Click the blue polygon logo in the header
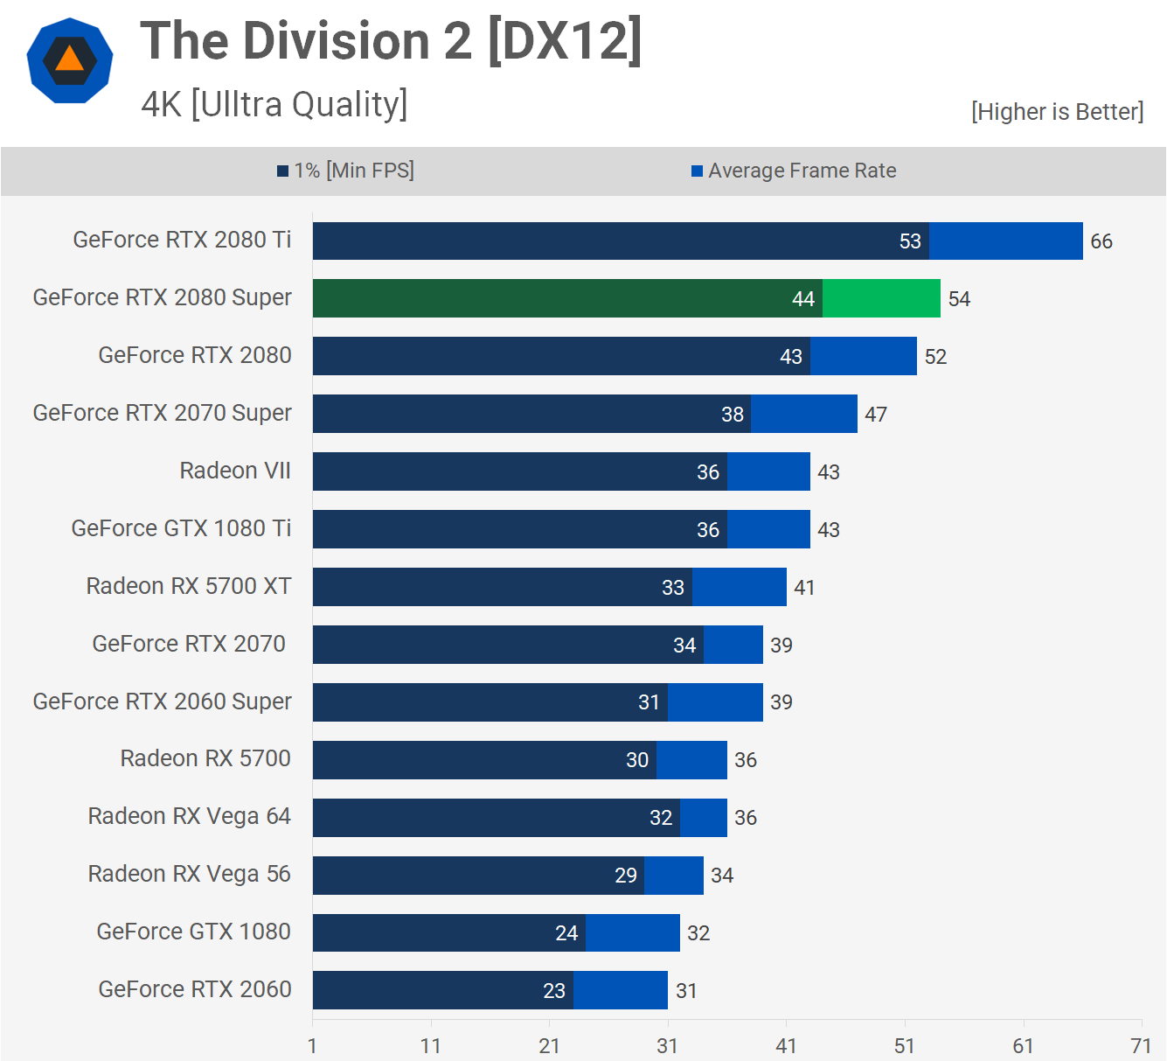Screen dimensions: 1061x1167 point(70,60)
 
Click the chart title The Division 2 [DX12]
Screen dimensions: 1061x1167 point(391,41)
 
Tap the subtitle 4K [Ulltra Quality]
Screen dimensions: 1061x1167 point(274,104)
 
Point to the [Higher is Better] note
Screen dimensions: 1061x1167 point(1057,112)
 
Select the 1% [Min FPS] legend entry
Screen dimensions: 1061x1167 point(345,171)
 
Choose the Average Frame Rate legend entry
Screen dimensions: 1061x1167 point(794,171)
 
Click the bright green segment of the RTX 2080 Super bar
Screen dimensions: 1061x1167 point(881,298)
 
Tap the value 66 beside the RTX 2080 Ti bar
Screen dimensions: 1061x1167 point(1101,241)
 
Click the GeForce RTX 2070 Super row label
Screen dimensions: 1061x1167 point(162,413)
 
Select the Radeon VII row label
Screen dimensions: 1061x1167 point(235,471)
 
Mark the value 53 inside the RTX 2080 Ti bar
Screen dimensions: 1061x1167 point(910,241)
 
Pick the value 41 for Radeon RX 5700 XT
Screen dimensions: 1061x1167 point(804,588)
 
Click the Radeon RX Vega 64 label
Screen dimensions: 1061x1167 point(189,816)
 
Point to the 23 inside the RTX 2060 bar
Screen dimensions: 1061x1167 point(554,991)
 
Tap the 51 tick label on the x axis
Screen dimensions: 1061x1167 point(905,1046)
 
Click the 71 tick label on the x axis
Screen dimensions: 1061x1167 point(1141,1046)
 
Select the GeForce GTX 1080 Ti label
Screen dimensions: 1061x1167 point(181,528)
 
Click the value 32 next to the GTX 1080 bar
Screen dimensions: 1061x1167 point(698,933)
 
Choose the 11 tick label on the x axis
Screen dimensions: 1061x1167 point(431,1046)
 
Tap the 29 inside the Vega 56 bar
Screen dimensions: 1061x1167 point(626,876)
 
